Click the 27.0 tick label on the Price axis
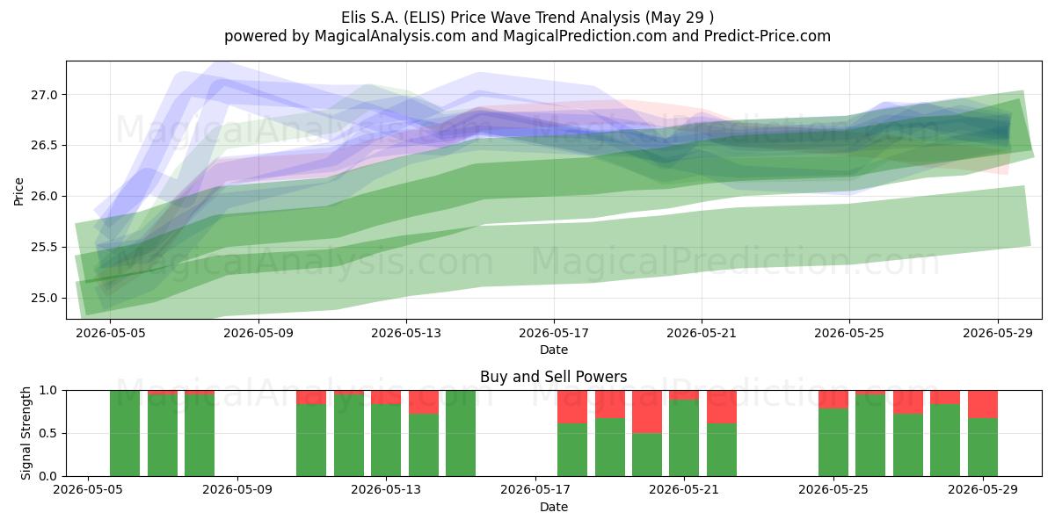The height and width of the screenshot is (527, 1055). pos(44,95)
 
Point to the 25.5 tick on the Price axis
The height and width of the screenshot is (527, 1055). pos(44,248)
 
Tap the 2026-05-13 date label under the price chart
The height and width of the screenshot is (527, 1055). pos(406,333)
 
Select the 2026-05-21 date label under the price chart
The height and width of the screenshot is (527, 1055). pos(702,333)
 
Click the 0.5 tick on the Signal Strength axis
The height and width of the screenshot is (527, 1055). pos(48,433)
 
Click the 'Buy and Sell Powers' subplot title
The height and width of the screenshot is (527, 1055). pos(553,377)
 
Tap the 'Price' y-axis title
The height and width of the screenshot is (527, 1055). pos(18,191)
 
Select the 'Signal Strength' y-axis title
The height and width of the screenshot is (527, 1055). pos(25,433)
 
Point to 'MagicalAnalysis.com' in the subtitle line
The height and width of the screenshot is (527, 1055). pos(390,36)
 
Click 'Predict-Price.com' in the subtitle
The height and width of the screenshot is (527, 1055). pos(768,36)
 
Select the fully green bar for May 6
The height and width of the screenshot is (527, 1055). pos(125,433)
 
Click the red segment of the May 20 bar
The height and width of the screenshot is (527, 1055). pos(647,412)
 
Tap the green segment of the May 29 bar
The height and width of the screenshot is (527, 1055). pos(983,447)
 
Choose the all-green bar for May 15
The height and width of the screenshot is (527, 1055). pos(461,433)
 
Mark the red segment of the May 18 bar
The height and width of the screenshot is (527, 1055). pos(572,407)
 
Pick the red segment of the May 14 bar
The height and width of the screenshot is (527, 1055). pos(424,402)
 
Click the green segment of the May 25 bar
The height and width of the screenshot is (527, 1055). pos(833,443)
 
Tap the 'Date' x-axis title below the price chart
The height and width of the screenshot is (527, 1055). pos(553,350)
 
